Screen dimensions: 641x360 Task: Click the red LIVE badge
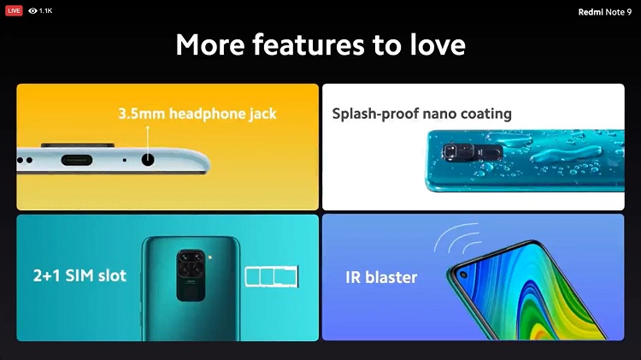click(14, 10)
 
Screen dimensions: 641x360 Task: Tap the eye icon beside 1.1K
click(32, 11)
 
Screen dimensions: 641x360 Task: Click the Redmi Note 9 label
click(604, 12)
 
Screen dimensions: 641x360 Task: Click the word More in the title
click(210, 44)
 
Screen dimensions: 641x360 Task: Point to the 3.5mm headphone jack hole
click(148, 159)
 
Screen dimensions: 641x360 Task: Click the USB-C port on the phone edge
click(77, 160)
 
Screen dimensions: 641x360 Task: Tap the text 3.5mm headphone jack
click(197, 114)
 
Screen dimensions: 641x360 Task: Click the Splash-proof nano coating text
click(421, 114)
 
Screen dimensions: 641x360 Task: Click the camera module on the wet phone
click(472, 152)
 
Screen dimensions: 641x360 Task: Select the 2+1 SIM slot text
click(79, 275)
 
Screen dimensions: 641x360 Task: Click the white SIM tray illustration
click(272, 276)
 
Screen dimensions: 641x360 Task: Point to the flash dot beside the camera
click(210, 257)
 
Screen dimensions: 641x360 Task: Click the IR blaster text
click(381, 277)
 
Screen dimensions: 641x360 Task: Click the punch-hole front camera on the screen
click(462, 274)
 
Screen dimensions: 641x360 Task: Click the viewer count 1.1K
click(46, 11)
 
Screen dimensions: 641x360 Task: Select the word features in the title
click(309, 44)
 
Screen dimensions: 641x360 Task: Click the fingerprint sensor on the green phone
click(191, 292)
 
